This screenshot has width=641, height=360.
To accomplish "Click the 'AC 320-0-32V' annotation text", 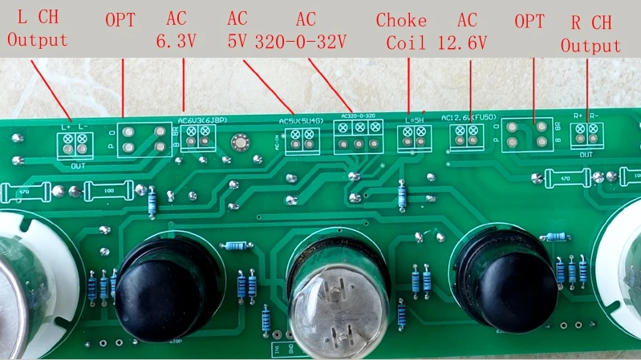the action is (x=306, y=31).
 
